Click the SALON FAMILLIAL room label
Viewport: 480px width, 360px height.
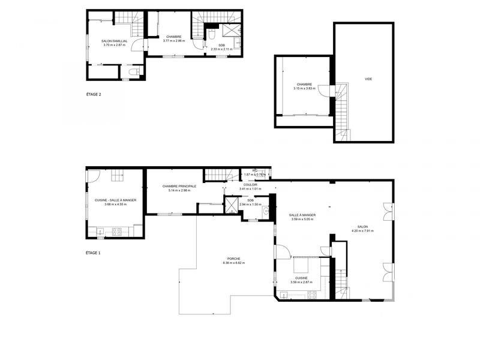point(115,41)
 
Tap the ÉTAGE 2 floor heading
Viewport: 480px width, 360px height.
point(93,94)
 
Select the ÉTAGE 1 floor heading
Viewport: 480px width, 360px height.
point(93,253)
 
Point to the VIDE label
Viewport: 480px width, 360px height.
point(368,79)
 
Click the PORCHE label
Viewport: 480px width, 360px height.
point(233,259)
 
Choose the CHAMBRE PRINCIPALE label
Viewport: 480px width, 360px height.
point(179,187)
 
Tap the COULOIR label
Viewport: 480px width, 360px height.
point(250,185)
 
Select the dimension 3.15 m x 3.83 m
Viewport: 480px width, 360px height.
point(304,88)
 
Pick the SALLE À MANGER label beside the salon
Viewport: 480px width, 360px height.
point(302,215)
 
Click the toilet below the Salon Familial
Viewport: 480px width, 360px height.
point(136,73)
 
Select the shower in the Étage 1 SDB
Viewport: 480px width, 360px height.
point(230,205)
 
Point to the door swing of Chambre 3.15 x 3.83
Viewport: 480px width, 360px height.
point(324,90)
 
